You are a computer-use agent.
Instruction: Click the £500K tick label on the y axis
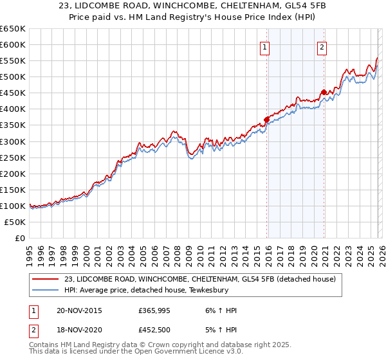coord(13,77)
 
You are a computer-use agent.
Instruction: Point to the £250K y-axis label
coord(13,157)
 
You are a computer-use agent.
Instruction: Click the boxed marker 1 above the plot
coord(265,46)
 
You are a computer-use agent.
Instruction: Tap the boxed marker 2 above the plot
coord(322,46)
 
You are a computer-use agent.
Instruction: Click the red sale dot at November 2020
coord(323,91)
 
